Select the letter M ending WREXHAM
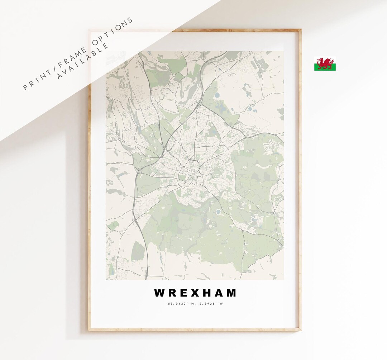tap(231, 293)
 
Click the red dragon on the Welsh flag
tap(325, 63)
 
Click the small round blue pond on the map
tap(218, 212)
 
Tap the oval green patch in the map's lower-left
tap(138, 251)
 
